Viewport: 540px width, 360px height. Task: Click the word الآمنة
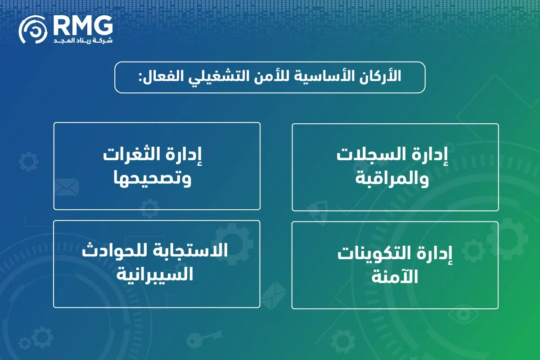coord(395,277)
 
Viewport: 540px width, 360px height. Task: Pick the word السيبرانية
coord(156,273)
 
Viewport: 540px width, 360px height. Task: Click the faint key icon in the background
coord(204,338)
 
